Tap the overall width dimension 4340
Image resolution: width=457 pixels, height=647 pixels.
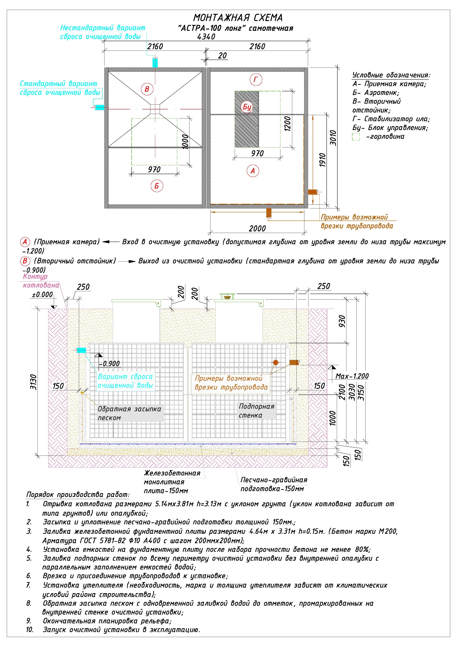(x=206, y=37)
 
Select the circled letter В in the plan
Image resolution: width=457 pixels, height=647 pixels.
(x=147, y=89)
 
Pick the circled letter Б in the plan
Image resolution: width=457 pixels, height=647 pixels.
(x=157, y=186)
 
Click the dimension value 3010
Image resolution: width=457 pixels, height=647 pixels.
(x=333, y=138)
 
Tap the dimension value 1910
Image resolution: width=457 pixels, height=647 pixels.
(x=323, y=160)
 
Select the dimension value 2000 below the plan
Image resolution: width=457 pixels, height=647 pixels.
(x=257, y=229)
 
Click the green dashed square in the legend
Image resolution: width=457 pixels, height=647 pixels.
(x=356, y=137)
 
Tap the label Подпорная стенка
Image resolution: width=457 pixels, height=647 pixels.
(x=256, y=411)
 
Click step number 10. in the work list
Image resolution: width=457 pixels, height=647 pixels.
(x=29, y=629)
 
